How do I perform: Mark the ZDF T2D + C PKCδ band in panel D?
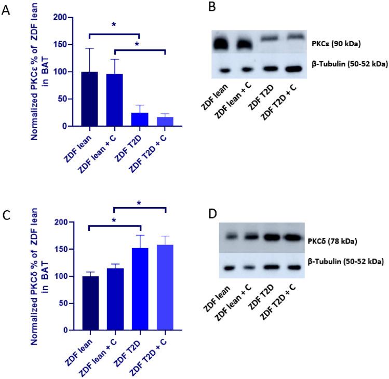tap(292, 238)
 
